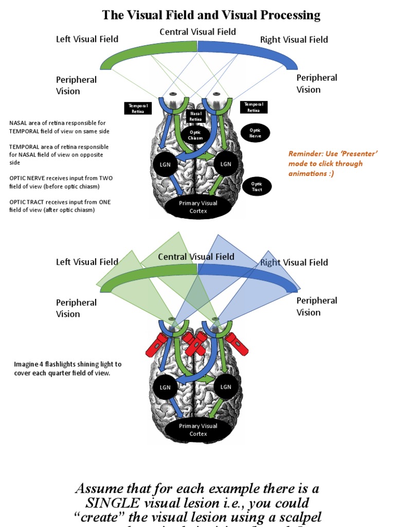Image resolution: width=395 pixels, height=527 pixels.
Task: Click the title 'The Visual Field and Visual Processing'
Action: click(211, 15)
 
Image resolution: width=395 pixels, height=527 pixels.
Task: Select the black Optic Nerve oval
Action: click(256, 133)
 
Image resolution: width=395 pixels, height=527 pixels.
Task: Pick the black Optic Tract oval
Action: click(257, 187)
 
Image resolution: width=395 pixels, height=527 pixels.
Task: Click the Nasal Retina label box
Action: click(196, 115)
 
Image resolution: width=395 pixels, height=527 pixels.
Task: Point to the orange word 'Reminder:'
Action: click(304, 153)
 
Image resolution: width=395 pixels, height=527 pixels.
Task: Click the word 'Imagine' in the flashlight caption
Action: click(26, 364)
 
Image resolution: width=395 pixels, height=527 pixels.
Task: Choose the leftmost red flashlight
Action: click(157, 344)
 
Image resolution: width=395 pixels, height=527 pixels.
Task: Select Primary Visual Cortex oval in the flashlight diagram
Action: click(198, 430)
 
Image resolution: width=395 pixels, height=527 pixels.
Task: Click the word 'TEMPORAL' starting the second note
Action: click(25, 147)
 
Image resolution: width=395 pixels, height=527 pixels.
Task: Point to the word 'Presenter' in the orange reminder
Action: click(360, 153)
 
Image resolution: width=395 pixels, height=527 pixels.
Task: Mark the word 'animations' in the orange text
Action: click(308, 173)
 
